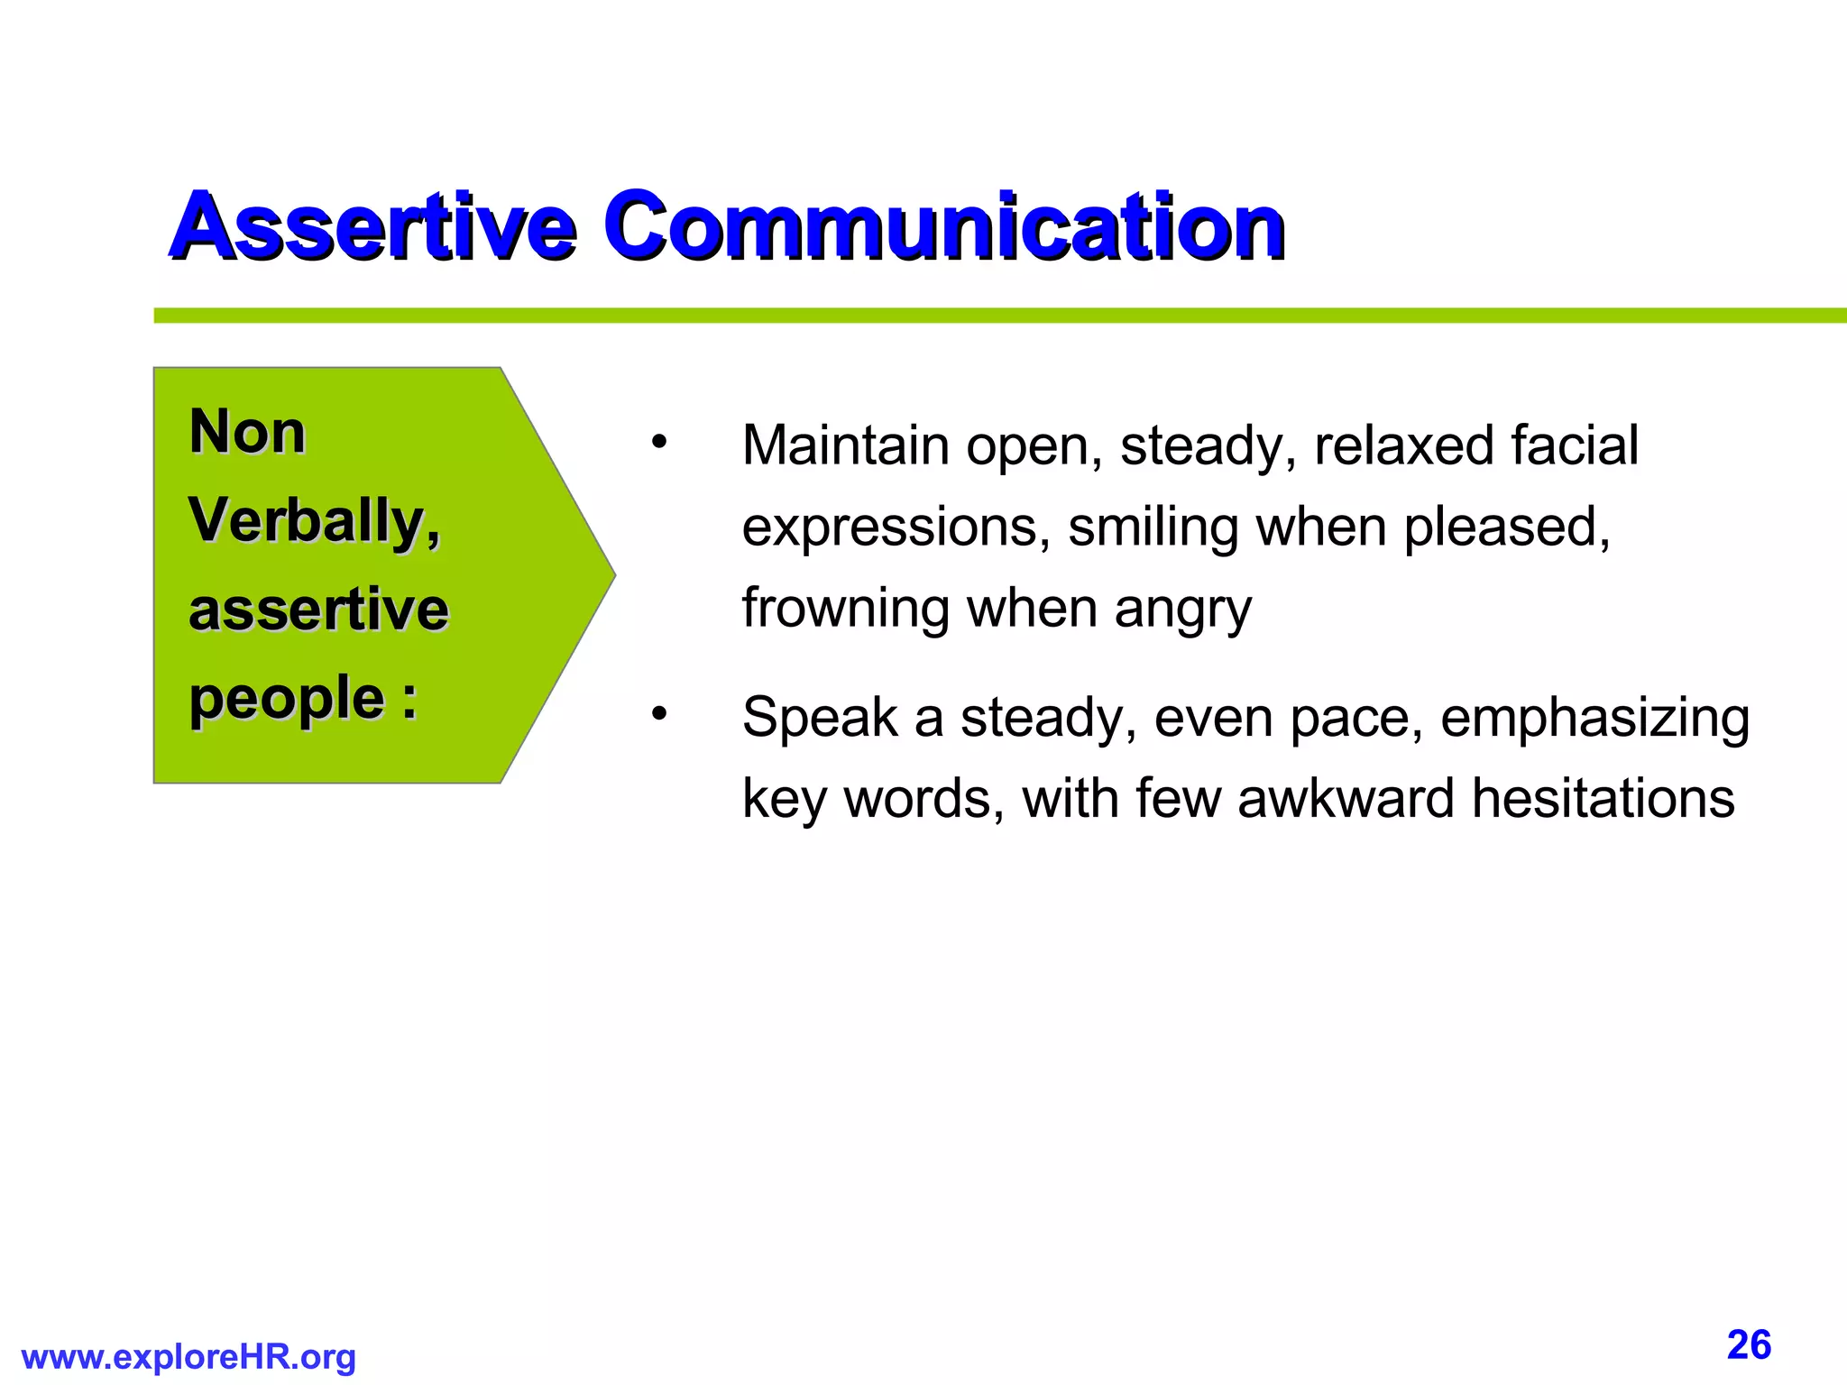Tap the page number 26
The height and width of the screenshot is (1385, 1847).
pos(1749,1345)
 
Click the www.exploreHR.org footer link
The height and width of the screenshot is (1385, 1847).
pos(188,1357)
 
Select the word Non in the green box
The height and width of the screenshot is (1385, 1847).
pos(247,432)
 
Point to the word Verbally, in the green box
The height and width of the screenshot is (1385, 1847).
pos(314,521)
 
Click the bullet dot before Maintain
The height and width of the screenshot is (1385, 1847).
pos(659,443)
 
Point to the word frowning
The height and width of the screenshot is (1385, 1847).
pos(845,610)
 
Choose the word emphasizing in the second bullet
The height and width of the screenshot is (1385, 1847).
pos(1594,720)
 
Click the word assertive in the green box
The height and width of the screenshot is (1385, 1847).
pos(318,610)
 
